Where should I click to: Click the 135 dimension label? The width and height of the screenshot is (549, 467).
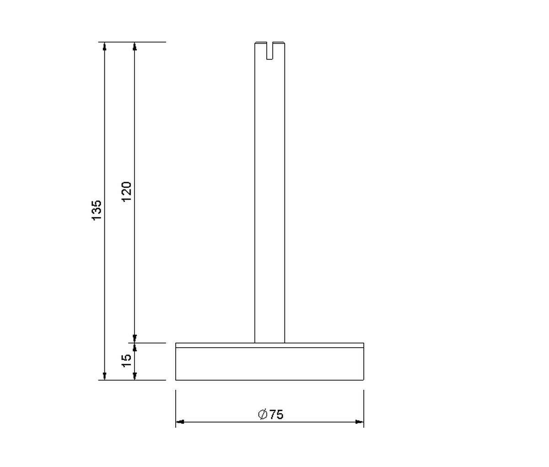coord(97,210)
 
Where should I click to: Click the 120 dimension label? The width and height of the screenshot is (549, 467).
coord(127,192)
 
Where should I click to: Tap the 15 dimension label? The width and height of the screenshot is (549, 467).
coord(127,360)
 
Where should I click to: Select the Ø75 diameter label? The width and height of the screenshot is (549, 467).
coord(271,415)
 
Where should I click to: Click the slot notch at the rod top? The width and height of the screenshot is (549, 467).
coord(269,51)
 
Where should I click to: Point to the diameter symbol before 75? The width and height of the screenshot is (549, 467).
coord(263,414)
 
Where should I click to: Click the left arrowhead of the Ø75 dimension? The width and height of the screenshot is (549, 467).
coord(180,422)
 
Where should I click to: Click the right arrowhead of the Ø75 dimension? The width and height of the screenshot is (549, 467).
coord(360,422)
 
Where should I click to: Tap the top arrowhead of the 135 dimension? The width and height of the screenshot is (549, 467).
coord(104,46)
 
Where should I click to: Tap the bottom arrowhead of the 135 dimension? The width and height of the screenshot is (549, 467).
coord(104,376)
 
